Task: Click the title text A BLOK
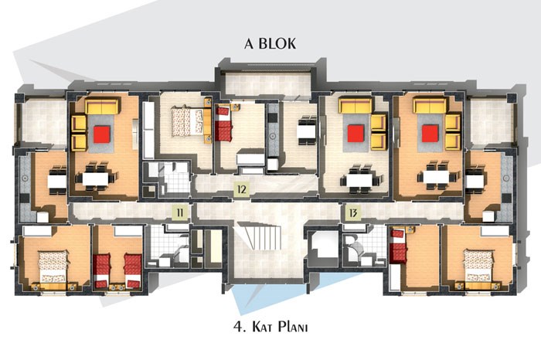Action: point(270,43)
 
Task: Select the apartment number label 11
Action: point(180,212)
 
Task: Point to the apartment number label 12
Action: point(241,189)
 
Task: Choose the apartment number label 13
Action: point(353,212)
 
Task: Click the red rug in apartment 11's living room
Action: point(102,134)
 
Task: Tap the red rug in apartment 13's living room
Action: point(430,134)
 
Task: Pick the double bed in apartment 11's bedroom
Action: point(53,267)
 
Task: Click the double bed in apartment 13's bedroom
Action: point(478,267)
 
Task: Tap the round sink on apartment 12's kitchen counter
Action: point(273,136)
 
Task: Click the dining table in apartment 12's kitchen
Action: point(307,131)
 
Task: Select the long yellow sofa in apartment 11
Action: point(103,106)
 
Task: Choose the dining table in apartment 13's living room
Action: point(436,177)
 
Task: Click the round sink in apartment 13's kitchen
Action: point(506,178)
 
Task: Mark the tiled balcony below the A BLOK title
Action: point(267,85)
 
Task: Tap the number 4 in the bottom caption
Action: point(238,327)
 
